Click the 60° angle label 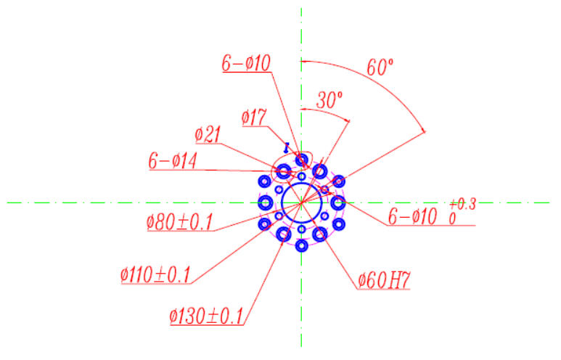coord(380,67)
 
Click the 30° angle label coord(329,100)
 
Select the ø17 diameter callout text coord(254,118)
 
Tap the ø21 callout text coord(208,135)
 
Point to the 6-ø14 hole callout coord(173,160)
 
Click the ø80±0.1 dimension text coord(180,222)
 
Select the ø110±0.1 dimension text coord(155,275)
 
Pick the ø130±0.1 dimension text coord(206,316)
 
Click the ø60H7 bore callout coord(384,280)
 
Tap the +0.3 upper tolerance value coord(462,205)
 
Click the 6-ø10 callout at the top coord(246,63)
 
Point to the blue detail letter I coord(286,147)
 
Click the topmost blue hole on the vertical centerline coord(302,159)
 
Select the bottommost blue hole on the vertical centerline coord(302,246)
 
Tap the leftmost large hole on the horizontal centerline coord(265,203)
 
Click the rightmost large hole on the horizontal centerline coord(338,203)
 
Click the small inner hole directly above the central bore coord(302,176)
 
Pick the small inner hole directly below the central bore coord(302,229)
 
